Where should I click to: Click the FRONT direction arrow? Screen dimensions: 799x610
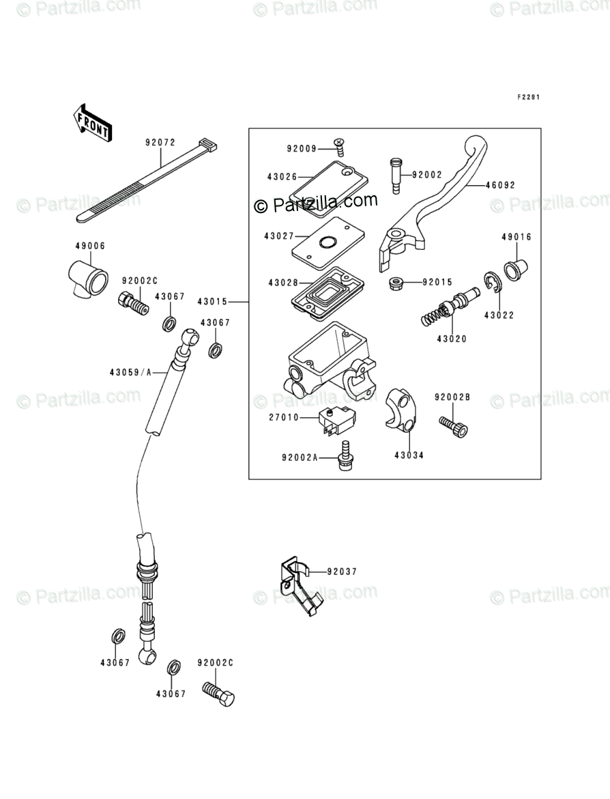(91, 122)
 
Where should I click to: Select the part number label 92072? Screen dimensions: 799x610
(160, 143)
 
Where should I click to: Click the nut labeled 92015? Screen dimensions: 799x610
(394, 282)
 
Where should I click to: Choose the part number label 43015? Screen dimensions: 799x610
(212, 301)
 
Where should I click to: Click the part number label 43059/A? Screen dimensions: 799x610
(129, 372)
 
